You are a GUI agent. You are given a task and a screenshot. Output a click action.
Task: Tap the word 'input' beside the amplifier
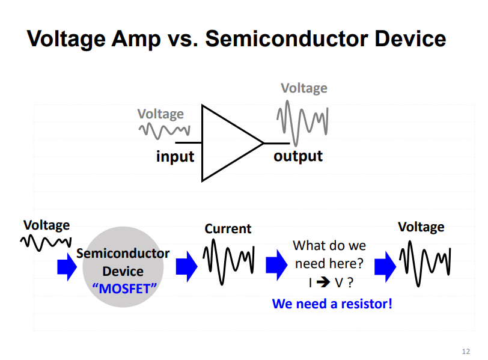coord(175,157)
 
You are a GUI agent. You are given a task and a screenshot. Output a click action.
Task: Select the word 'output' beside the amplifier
coord(298,156)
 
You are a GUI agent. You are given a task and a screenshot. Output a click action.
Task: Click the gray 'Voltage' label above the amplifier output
coord(304,88)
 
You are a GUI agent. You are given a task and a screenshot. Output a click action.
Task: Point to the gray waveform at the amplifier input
coord(164,129)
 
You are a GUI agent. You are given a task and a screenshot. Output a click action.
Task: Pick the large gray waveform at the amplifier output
coord(302,123)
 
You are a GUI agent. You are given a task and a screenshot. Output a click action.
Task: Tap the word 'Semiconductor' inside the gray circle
coord(123,254)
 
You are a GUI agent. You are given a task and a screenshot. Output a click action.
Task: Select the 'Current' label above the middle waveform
coord(228,229)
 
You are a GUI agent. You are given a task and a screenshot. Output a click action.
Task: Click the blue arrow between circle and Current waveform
coord(186,265)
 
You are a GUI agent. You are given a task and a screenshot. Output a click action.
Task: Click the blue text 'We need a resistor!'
coord(332,304)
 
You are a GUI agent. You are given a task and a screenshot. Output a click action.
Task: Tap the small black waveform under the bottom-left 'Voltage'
coord(46,243)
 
